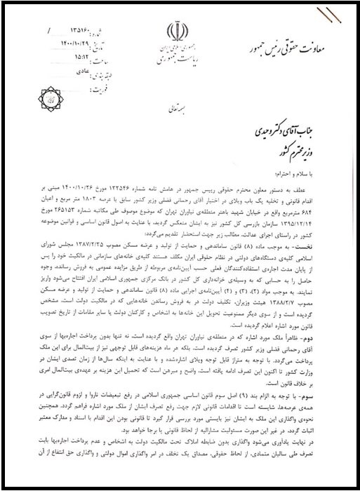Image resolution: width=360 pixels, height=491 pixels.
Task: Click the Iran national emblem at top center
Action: point(175,32)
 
